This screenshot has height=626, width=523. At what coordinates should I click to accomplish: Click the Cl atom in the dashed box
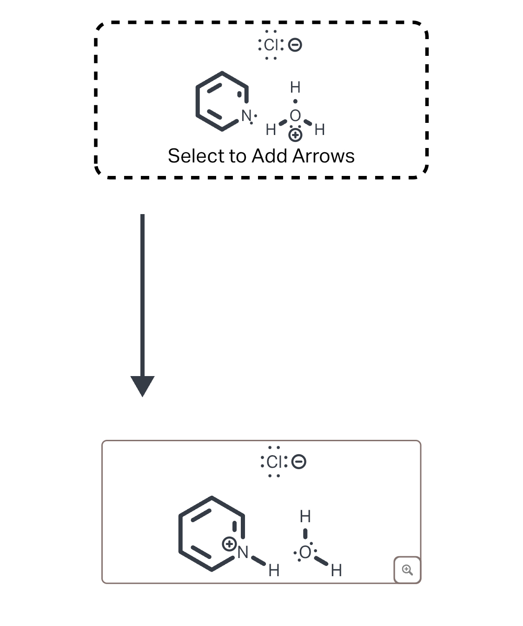coord(271,45)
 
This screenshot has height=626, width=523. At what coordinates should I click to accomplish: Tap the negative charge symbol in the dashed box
coord(295,45)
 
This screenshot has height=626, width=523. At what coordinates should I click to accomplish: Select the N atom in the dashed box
coord(246,115)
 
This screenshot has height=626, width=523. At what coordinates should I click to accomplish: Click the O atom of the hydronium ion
coord(295,115)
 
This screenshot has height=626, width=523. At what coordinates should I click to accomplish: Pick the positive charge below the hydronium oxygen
coord(295,135)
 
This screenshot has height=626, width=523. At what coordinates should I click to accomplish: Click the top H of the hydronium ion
coord(295,87)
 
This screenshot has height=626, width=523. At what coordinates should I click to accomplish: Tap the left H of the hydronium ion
coord(271,130)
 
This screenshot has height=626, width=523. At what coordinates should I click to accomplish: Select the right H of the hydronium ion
coord(320,130)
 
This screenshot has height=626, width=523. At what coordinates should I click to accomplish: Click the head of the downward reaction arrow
coord(142,386)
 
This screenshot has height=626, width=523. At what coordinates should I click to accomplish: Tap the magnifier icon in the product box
coord(407,570)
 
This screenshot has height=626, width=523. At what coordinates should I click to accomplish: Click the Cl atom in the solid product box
coord(274,462)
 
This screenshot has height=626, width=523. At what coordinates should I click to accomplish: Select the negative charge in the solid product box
coord(299,462)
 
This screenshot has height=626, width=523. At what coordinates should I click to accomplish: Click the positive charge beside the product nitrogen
coord(229,544)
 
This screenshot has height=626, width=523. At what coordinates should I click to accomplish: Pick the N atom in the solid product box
coord(243,552)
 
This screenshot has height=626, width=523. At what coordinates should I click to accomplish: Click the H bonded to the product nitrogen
coord(274,570)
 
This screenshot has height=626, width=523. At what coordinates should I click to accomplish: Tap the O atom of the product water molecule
coord(305,552)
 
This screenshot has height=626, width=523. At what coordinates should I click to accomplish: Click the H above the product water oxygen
coord(305,516)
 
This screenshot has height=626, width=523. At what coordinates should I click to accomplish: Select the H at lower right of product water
coord(337,570)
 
